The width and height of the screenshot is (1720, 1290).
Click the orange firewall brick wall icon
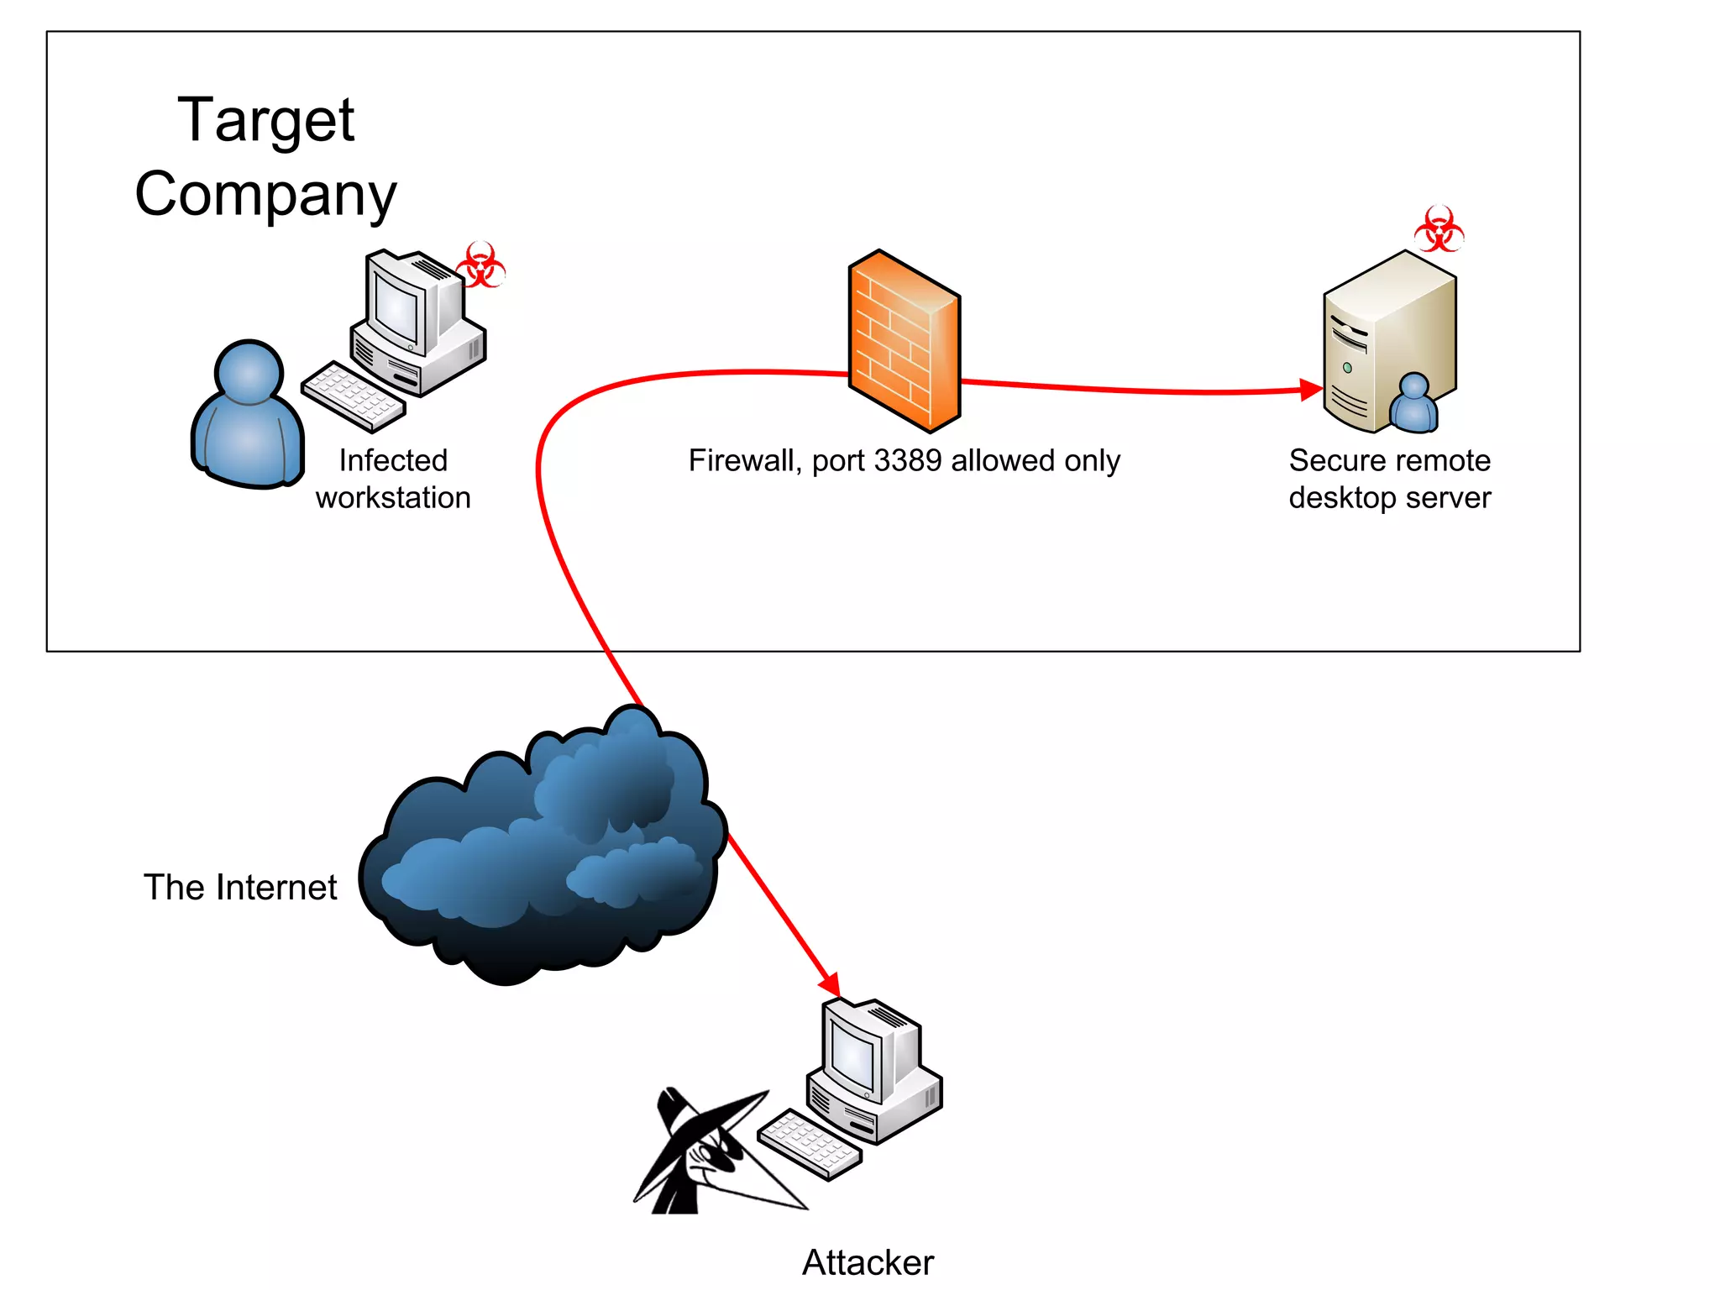904,342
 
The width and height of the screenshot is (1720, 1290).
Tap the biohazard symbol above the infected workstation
480,265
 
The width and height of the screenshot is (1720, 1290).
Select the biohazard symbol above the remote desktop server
1439,229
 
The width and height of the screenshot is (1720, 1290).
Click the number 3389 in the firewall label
907,461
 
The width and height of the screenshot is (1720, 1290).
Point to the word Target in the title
266,120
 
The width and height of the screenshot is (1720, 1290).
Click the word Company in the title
265,194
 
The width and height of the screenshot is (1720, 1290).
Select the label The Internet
240,888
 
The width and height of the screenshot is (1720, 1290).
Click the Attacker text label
868,1262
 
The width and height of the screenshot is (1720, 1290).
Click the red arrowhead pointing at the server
1309,390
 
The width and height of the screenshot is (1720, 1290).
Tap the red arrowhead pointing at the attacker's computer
830,983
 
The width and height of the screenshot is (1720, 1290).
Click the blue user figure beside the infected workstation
248,416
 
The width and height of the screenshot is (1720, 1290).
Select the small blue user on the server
1413,404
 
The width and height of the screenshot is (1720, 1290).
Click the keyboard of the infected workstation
353,396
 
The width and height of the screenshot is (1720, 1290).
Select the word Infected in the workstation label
393,461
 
